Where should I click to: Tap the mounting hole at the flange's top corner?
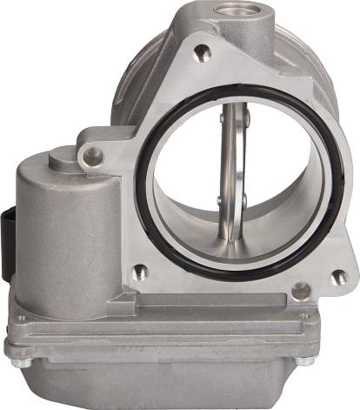click(202, 54)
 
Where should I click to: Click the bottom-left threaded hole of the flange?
click(140, 271)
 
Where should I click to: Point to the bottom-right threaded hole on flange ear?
click(338, 277)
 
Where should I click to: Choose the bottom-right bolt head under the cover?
click(301, 360)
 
